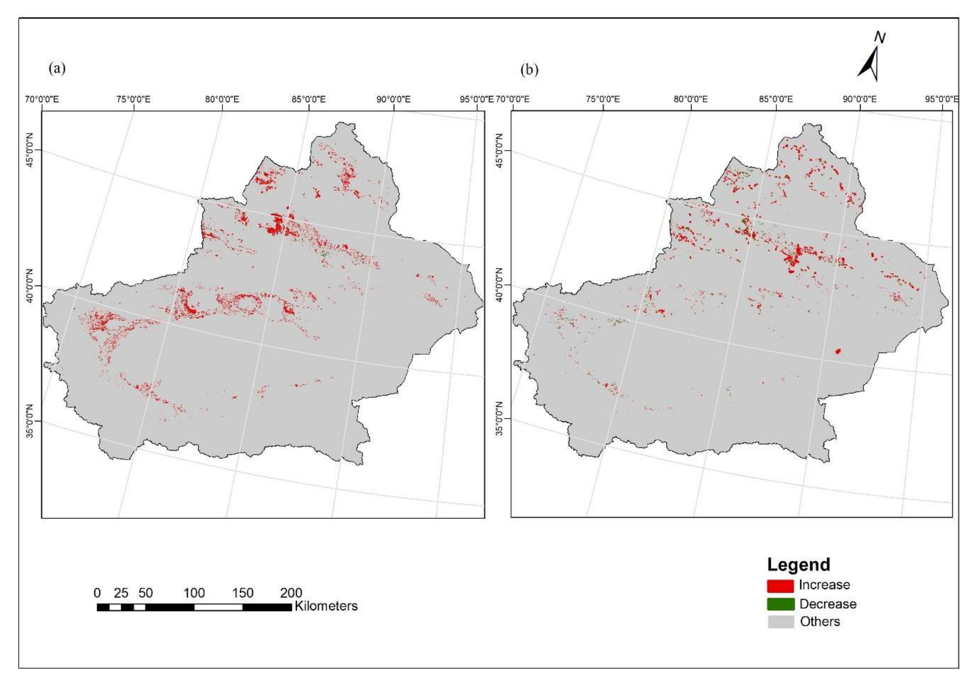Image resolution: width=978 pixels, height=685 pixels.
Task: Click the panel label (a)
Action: click(57, 68)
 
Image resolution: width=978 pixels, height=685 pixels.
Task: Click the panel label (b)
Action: click(529, 70)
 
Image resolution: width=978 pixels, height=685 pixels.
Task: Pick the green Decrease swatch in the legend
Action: click(780, 604)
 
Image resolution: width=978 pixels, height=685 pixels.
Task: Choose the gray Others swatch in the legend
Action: click(780, 622)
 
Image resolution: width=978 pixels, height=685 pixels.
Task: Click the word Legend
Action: click(799, 565)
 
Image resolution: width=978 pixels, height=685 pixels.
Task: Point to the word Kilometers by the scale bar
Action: click(326, 606)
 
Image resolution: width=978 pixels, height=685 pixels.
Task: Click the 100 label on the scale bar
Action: click(194, 593)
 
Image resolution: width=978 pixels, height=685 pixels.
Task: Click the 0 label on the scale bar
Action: click(97, 593)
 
